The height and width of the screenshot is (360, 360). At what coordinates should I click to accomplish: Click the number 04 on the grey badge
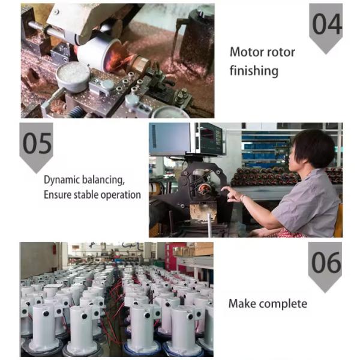(327, 25)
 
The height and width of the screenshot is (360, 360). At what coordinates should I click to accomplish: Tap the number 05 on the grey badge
(36, 144)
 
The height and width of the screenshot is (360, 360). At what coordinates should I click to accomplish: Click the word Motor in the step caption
(245, 52)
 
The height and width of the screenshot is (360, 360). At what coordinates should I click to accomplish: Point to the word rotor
(280, 52)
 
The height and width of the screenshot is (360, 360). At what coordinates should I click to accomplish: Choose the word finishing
(254, 71)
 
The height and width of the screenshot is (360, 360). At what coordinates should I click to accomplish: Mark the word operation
(123, 195)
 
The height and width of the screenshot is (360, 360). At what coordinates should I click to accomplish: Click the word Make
(242, 304)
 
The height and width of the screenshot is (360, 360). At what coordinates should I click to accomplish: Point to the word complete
(284, 304)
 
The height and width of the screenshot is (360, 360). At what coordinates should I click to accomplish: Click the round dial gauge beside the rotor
(73, 75)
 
